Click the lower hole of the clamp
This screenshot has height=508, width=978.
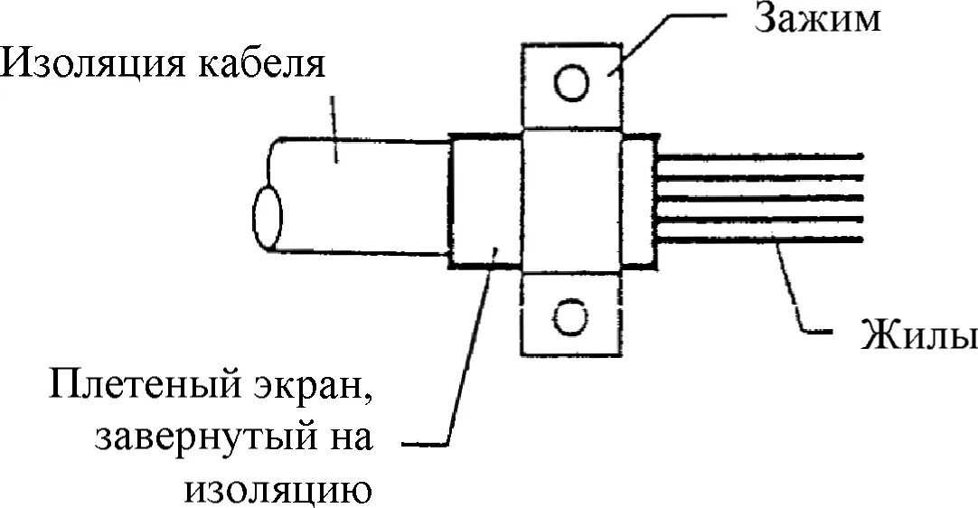click(x=571, y=317)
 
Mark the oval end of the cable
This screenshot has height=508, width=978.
click(x=268, y=218)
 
